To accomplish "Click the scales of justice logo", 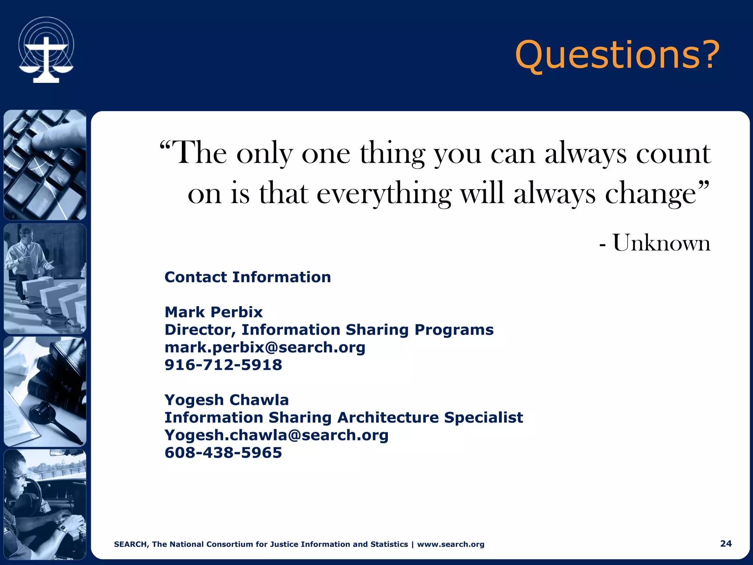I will pyautogui.click(x=46, y=50).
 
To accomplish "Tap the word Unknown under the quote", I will pyautogui.click(x=661, y=243).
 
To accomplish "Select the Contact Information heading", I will pyautogui.click(x=247, y=277).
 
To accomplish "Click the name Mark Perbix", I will pyautogui.click(x=213, y=312).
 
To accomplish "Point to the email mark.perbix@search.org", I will pyautogui.click(x=265, y=347).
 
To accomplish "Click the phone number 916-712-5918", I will pyautogui.click(x=223, y=365).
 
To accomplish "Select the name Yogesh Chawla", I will pyautogui.click(x=226, y=400).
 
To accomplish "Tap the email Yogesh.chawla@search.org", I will pyautogui.click(x=276, y=435).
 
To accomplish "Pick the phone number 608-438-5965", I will pyautogui.click(x=223, y=452).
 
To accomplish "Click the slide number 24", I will pyautogui.click(x=725, y=543).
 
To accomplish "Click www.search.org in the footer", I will pyautogui.click(x=450, y=544).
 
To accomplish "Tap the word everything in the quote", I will pyautogui.click(x=383, y=194).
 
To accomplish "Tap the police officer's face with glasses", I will pyautogui.click(x=17, y=478).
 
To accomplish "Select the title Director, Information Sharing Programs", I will pyautogui.click(x=329, y=330).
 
